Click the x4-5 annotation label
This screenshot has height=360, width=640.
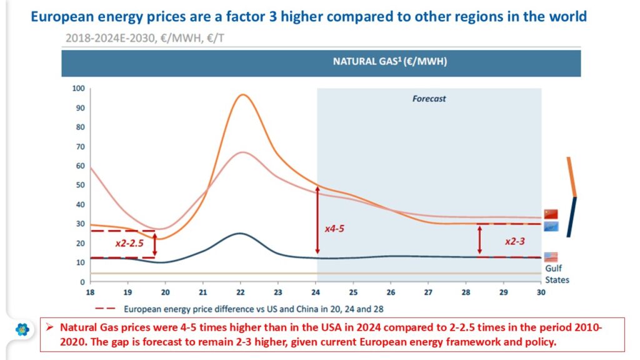[x=334, y=229]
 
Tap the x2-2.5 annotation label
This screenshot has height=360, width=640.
[x=129, y=242]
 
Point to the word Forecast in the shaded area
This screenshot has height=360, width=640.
[x=429, y=99]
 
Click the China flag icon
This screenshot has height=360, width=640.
[x=551, y=214]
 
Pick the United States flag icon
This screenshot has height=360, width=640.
[x=551, y=257]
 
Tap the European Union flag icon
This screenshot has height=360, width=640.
[x=551, y=226]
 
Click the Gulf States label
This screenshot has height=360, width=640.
[x=556, y=274]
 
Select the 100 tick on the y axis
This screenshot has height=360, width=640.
[x=77, y=88]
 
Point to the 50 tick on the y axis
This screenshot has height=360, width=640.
[x=79, y=185]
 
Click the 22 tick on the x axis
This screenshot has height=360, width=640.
[x=241, y=292]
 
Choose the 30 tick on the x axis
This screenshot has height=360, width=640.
[x=541, y=292]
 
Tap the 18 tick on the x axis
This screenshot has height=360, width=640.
[x=91, y=292]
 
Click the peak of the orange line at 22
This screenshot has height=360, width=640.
[x=242, y=95]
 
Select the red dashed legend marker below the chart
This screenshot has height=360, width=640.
[x=106, y=308]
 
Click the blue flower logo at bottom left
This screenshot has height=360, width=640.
[x=22, y=329]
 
